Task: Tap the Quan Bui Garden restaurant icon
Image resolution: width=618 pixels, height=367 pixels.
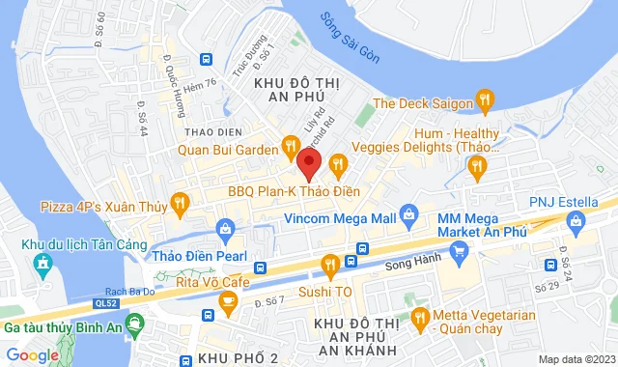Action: (289, 148)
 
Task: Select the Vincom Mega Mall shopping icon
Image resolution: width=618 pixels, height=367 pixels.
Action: (409, 212)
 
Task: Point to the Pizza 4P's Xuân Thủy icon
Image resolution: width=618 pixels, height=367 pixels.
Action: (179, 203)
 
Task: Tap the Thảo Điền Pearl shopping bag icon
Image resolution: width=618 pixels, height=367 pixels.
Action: (226, 230)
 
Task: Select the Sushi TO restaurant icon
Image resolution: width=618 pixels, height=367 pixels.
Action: (329, 264)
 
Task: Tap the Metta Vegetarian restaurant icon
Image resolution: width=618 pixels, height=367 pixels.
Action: (419, 317)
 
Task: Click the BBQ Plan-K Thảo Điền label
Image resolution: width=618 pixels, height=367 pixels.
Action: (286, 191)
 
